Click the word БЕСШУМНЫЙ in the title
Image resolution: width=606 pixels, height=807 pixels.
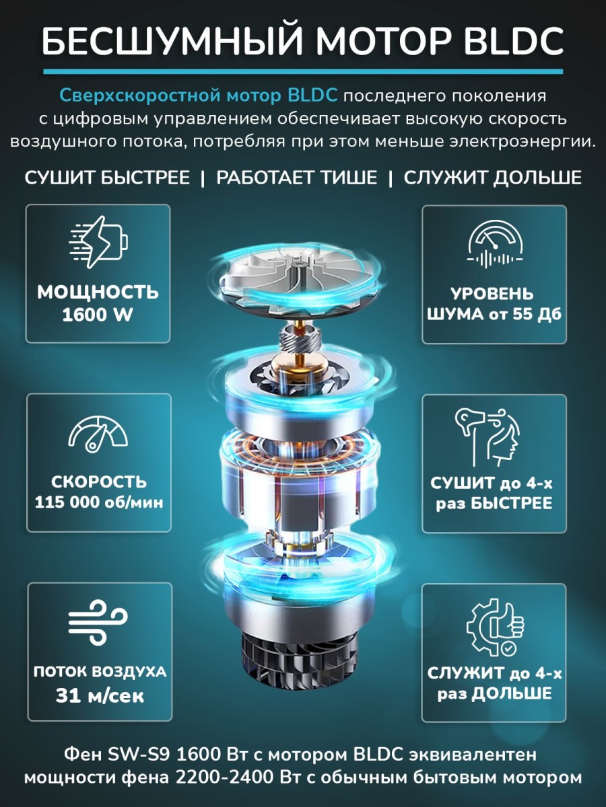172,41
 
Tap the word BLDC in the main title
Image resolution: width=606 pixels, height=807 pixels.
514,41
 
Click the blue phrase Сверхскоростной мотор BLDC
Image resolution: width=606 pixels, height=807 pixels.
199,96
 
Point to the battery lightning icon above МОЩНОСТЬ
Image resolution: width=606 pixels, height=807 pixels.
98,241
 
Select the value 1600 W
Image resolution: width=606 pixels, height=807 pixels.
98,315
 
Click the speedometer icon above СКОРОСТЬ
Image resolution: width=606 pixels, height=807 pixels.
98,434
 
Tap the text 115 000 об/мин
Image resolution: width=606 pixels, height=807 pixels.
99,502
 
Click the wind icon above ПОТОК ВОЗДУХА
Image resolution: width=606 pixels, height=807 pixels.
98,623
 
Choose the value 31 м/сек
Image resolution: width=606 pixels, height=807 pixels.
100,695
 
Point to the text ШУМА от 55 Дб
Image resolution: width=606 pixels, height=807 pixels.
494,315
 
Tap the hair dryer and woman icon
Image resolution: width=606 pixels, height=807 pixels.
488,438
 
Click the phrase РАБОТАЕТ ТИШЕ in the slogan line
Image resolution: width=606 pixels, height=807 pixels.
296,178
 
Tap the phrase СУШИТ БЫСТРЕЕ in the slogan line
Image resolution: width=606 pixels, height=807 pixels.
107,178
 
